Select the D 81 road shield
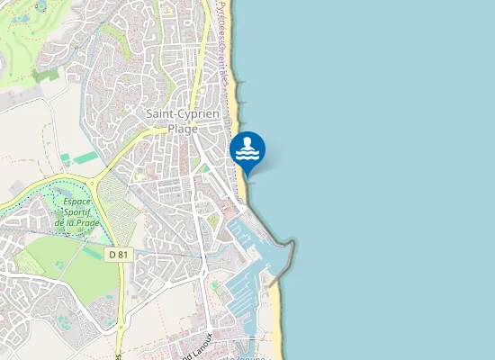(x=118, y=255)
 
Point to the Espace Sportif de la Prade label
(x=77, y=212)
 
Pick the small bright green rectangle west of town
(x=85, y=157)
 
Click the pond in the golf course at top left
(x=40, y=6)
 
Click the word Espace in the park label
(x=78, y=202)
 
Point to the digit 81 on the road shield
(x=122, y=255)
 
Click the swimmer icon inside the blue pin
(x=247, y=149)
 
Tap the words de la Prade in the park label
(x=76, y=222)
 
